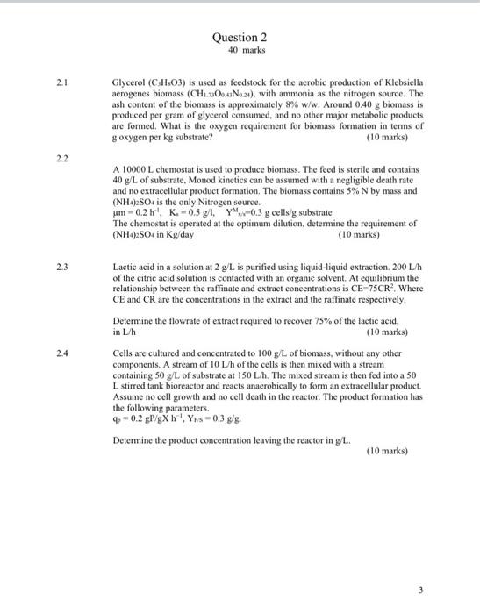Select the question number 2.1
click(x=61, y=82)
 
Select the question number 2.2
click(x=61, y=157)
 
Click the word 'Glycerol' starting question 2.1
click(x=130, y=82)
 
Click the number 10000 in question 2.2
click(x=136, y=168)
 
